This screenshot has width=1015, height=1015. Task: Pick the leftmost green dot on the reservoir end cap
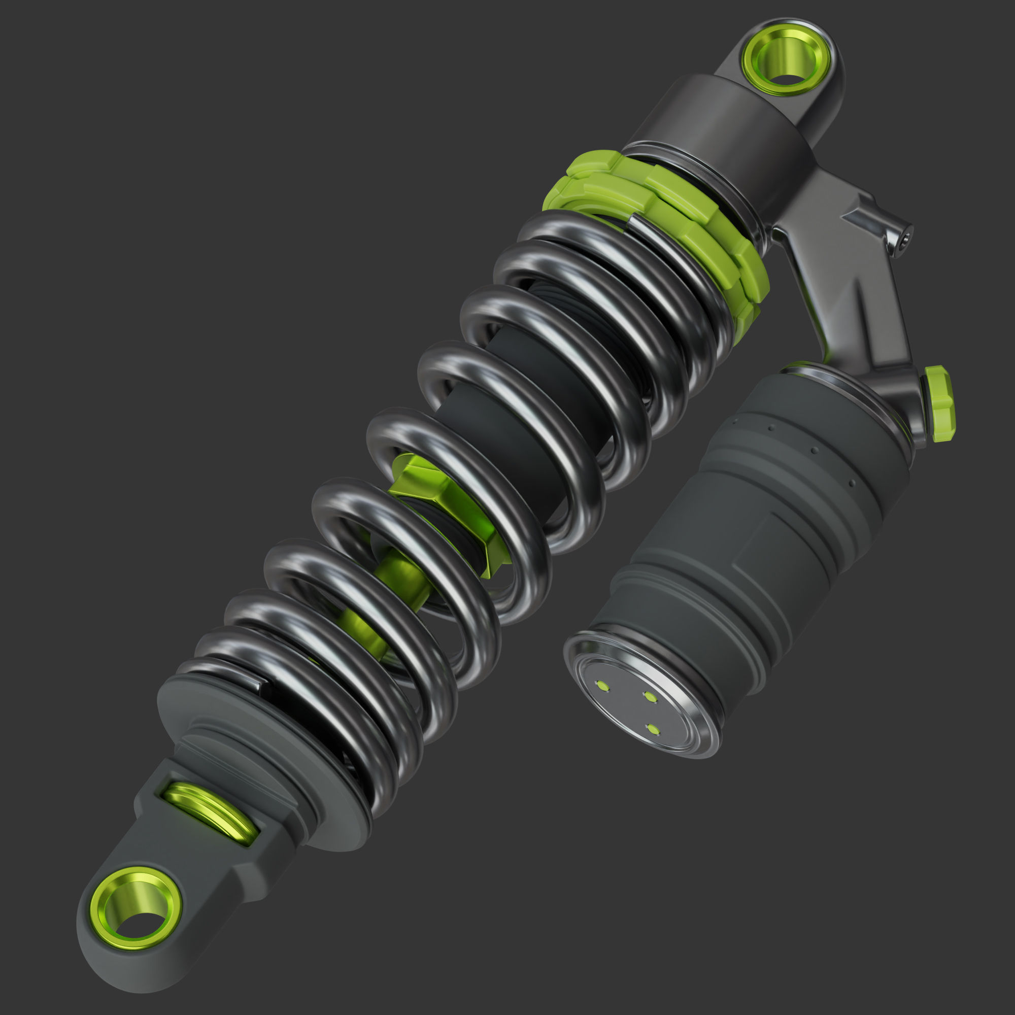tap(602, 685)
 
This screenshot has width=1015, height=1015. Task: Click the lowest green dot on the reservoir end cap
tap(653, 729)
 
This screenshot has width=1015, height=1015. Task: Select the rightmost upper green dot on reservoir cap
tap(651, 697)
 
